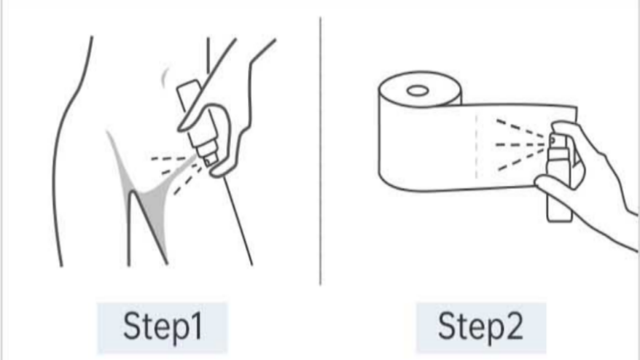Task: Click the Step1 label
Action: (163, 326)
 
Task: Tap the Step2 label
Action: (480, 326)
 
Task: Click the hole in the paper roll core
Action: (418, 90)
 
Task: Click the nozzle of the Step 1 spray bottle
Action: (211, 160)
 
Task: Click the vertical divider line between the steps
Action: (321, 151)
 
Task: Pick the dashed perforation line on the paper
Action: (476, 147)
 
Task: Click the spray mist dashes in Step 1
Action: (176, 171)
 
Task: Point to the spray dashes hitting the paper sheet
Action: (521, 144)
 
